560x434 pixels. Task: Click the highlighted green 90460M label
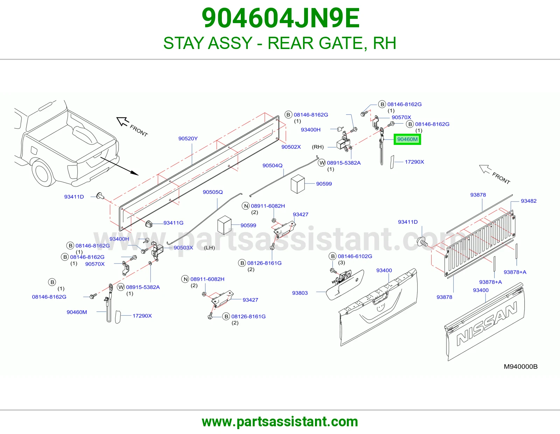tap(407, 139)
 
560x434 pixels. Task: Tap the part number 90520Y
tap(188, 139)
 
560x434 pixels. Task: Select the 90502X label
tap(291, 147)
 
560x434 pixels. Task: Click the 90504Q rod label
tap(272, 166)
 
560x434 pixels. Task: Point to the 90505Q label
tap(212, 192)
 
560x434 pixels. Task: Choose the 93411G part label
tap(174, 223)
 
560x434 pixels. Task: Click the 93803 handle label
tap(300, 293)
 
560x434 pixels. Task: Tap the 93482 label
tap(528, 201)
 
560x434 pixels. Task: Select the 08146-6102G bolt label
tap(355, 256)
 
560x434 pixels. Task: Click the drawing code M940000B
tap(520, 366)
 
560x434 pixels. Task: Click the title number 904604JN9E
tap(280, 18)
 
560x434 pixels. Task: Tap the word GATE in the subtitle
tap(341, 43)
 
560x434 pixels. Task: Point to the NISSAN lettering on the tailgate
tap(487, 324)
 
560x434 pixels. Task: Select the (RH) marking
tap(317, 147)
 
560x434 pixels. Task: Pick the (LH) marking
tap(209, 248)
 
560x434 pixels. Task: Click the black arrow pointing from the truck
tap(119, 166)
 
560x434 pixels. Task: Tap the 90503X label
tap(183, 248)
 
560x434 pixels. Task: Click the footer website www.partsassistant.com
tap(280, 422)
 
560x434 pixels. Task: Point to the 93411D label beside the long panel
tap(74, 197)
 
